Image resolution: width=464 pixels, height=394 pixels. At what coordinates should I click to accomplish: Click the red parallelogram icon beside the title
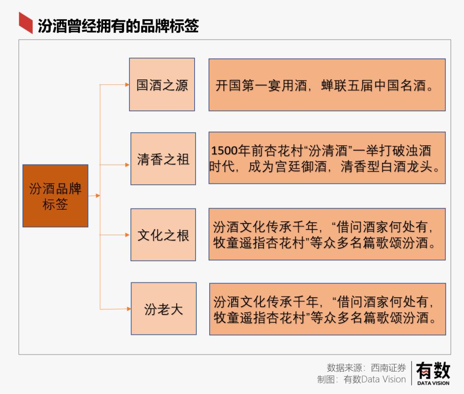26,23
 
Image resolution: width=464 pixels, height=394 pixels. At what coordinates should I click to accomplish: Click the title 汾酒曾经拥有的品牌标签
118,26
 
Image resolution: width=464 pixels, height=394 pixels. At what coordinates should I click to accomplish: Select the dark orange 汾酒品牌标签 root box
55,196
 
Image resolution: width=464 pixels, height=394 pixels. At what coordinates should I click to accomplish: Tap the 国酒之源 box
162,85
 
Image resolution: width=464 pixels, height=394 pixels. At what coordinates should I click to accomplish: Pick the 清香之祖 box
163,159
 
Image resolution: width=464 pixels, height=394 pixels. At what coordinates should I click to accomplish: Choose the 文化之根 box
163,235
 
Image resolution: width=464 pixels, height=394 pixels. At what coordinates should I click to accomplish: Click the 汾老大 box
164,309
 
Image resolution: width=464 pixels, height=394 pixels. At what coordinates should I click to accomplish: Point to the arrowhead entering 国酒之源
127,85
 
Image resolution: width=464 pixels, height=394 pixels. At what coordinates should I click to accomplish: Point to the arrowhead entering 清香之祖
128,165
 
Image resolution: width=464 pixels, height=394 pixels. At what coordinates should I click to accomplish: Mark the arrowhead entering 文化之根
128,235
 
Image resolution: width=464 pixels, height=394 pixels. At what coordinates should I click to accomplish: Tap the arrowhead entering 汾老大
129,309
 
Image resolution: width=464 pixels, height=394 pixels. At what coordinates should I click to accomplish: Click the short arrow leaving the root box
94,195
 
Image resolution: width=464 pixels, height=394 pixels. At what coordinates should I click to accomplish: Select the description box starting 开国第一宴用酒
327,85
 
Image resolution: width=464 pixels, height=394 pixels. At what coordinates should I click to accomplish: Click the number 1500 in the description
224,150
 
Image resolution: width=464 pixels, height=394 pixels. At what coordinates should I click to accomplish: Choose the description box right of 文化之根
327,235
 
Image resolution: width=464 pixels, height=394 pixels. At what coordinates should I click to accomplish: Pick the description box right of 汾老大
327,309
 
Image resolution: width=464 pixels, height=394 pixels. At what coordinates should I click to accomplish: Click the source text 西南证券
388,368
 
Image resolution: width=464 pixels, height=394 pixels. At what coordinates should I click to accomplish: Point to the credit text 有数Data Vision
375,379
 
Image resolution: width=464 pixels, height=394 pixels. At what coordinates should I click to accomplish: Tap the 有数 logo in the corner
433,373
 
